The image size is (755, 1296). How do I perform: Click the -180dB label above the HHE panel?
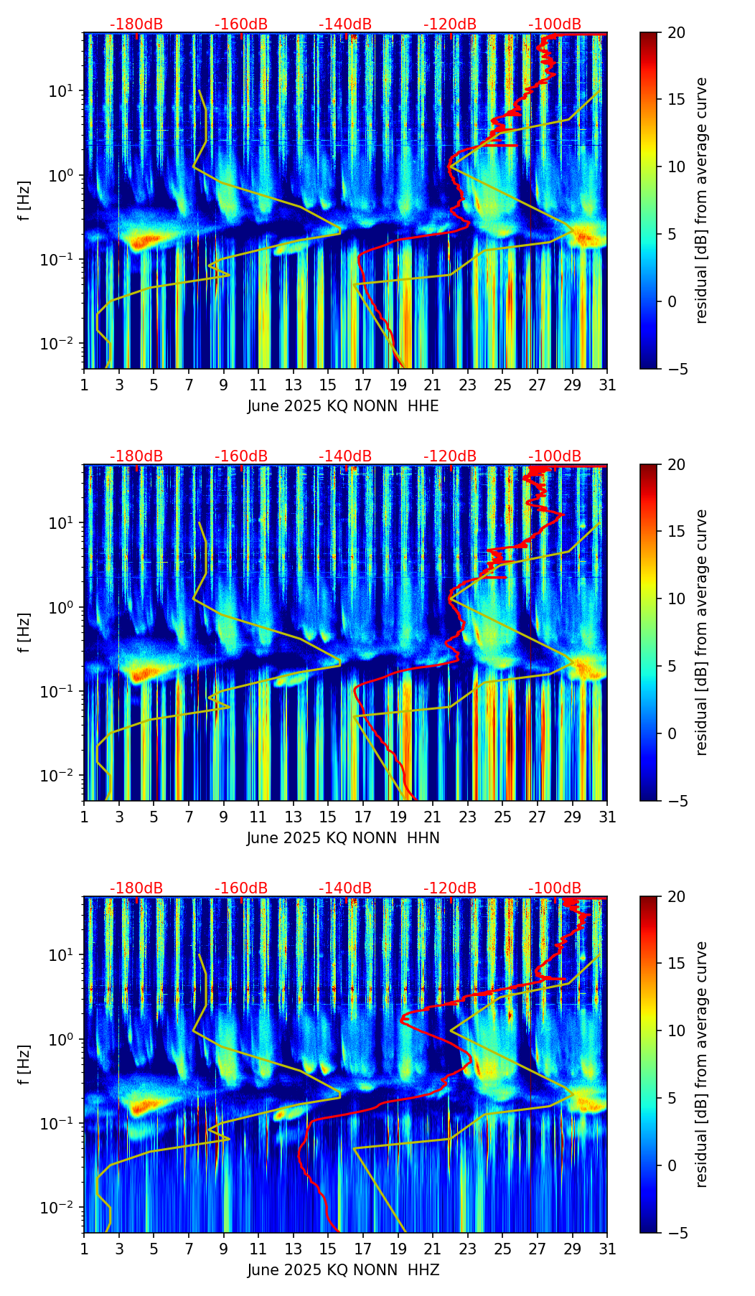point(136,25)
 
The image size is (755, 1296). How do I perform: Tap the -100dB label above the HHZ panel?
point(555,889)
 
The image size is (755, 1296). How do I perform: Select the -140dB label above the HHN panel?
point(345,457)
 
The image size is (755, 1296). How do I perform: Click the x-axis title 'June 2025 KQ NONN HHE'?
point(343,406)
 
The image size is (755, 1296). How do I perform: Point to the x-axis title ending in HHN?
point(343,838)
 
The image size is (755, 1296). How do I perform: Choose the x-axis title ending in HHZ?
point(343,1270)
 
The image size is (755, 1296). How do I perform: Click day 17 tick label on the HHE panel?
point(363,385)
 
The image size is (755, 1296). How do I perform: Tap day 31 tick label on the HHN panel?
point(607,817)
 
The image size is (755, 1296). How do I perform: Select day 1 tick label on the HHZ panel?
point(85,1249)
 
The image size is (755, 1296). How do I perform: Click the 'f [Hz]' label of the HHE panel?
point(24,201)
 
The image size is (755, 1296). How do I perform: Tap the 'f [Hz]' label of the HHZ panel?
point(24,1065)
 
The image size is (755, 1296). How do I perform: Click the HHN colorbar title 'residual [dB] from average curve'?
point(702,632)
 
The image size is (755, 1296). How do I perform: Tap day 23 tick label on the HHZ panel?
point(468,1249)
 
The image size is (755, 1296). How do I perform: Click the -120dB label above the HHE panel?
point(450,25)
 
